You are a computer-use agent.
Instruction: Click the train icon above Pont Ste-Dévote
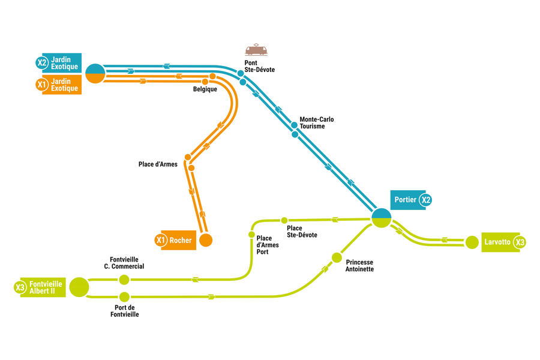tap(256, 50)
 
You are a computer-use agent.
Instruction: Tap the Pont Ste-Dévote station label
tap(259, 66)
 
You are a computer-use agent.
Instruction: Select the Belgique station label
tap(205, 89)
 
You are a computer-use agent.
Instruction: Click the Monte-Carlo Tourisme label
tap(316, 123)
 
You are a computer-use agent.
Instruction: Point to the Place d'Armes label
tap(158, 164)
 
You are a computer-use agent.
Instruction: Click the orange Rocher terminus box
tap(179, 241)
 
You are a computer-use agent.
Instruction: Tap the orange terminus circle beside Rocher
tap(206, 241)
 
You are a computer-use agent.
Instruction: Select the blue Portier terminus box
tap(406, 200)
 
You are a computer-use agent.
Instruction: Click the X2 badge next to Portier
tap(425, 200)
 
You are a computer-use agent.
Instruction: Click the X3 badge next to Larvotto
tap(520, 242)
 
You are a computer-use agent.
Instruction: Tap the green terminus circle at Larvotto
tap(472, 242)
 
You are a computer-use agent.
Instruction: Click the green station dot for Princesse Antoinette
tap(337, 258)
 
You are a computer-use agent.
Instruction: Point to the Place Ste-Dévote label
tap(302, 232)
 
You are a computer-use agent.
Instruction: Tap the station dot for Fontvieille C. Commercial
tap(124, 280)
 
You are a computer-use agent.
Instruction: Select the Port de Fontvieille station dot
tap(124, 296)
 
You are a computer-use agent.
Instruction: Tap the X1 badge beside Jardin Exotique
tap(41, 85)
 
